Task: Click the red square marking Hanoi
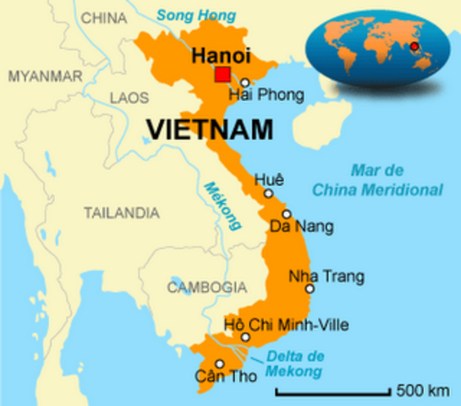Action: [222, 74]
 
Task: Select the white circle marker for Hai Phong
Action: [244, 83]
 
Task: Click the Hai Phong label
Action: [258, 96]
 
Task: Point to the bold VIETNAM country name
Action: [210, 129]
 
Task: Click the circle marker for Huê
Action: [268, 194]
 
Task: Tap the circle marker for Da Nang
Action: [287, 214]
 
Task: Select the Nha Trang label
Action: [327, 276]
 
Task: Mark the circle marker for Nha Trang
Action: [310, 289]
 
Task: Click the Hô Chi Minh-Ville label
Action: [286, 324]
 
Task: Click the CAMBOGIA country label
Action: [206, 288]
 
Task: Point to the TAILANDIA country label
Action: [121, 212]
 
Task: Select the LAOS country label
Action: [129, 98]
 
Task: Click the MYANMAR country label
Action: [45, 76]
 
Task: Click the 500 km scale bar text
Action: [422, 391]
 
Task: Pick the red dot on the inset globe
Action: [414, 46]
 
